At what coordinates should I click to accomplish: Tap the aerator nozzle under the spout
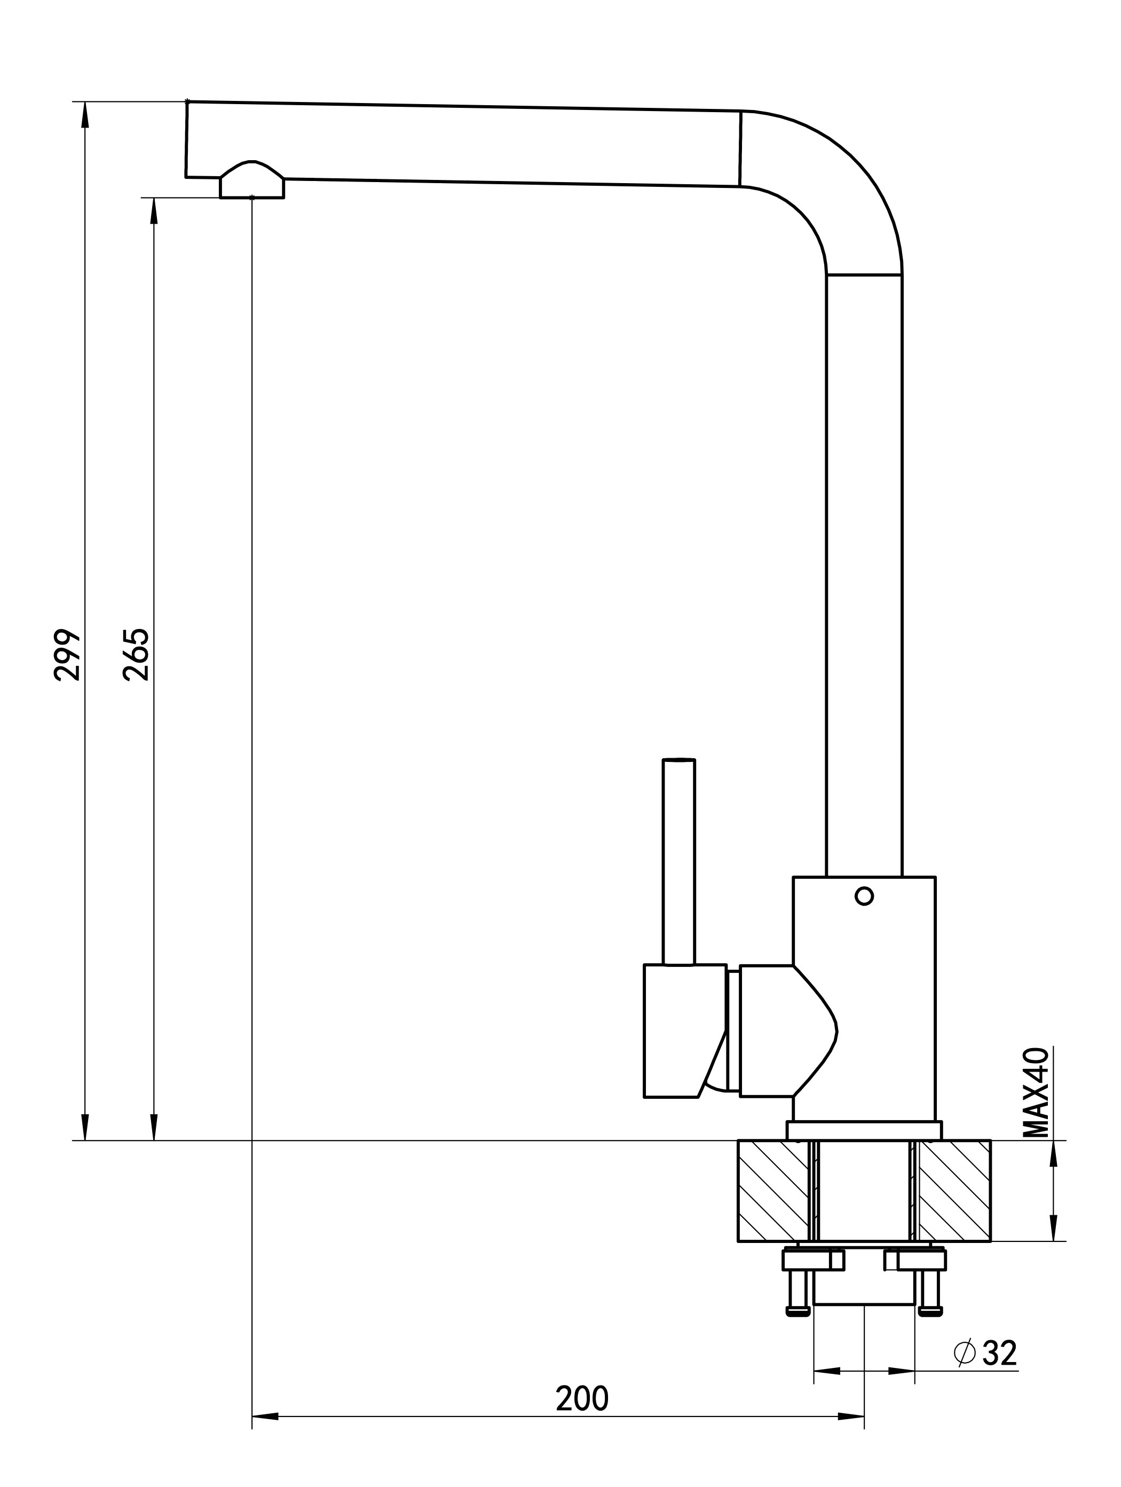252,180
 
